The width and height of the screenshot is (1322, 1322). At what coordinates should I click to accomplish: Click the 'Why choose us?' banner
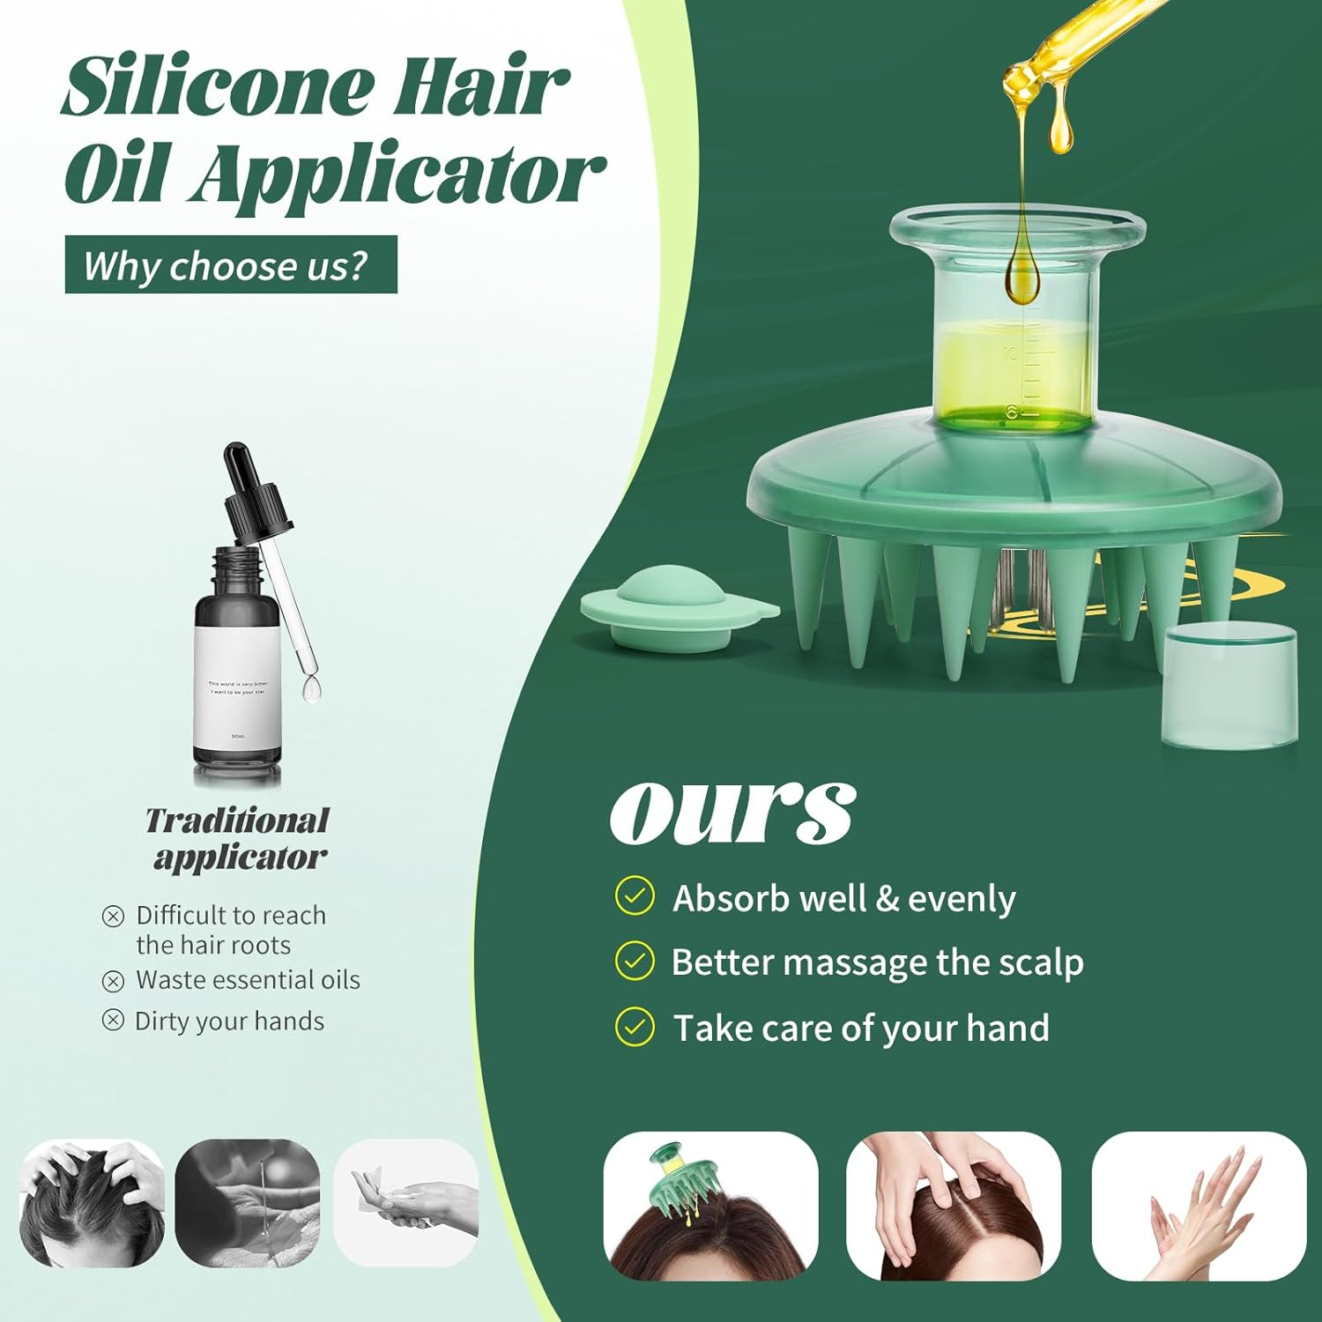coord(231,264)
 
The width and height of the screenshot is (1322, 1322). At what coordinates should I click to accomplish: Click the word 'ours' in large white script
coord(732,811)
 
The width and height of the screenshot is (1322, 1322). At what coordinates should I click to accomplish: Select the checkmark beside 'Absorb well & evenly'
coord(635,896)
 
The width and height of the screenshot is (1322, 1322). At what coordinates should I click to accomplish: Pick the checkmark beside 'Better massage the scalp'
coord(635,961)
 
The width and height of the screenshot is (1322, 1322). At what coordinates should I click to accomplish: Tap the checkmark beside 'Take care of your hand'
coord(635,1027)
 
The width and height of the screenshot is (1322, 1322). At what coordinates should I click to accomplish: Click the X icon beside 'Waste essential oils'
coord(113,981)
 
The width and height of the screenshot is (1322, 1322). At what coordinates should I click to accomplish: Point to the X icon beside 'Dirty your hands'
coord(113,1021)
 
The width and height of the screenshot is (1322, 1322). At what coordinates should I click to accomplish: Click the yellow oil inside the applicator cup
coord(1014,375)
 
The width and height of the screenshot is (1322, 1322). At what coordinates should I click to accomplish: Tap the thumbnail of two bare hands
coord(1199,1205)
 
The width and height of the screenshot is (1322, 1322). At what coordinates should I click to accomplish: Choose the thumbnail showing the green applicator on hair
coord(710,1205)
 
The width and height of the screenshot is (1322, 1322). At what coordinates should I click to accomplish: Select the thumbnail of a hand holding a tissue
coord(405,1203)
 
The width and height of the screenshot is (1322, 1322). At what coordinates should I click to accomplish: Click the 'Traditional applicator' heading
coord(238,838)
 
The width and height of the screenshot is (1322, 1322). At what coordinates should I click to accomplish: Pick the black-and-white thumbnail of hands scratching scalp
coord(92,1203)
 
